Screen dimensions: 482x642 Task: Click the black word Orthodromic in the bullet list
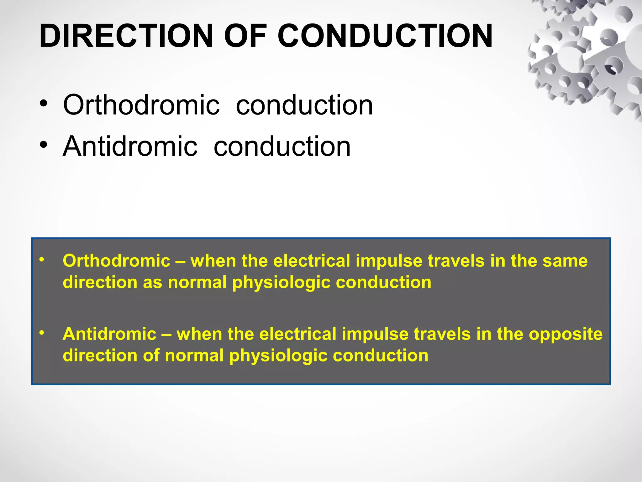(141, 105)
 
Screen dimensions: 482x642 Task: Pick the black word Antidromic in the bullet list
(130, 146)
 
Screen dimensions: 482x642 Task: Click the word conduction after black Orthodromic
(304, 105)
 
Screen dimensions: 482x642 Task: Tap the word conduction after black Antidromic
(282, 146)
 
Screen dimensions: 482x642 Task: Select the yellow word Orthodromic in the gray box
(116, 261)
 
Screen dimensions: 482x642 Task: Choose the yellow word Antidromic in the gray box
(109, 334)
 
